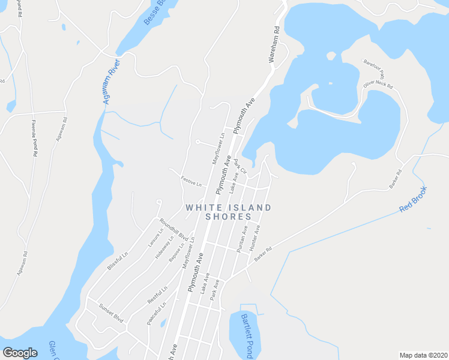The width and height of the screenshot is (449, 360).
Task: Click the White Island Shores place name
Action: [228, 212]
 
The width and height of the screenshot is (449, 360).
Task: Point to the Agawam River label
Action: [112, 82]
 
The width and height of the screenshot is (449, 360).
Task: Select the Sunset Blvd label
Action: [110, 316]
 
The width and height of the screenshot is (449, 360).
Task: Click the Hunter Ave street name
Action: [255, 237]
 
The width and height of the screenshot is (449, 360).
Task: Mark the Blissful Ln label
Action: [118, 262]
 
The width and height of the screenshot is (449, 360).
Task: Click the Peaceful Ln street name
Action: [156, 313]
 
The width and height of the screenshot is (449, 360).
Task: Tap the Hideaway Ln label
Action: [164, 246]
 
